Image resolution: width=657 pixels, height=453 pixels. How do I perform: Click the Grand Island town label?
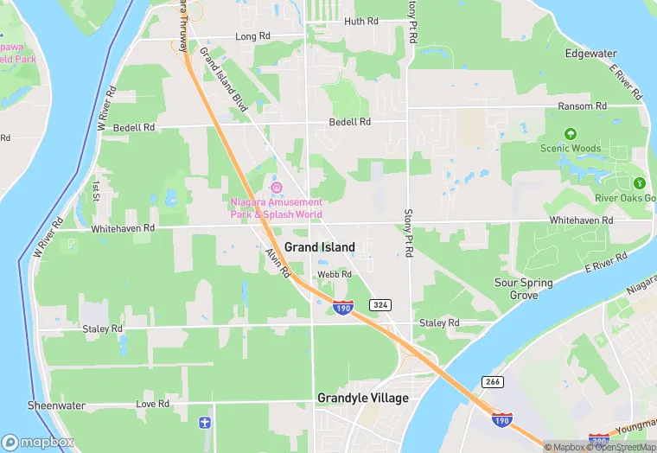(319, 247)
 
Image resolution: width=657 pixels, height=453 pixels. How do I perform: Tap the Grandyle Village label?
(362, 399)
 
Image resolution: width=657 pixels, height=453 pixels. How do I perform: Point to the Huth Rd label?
(360, 22)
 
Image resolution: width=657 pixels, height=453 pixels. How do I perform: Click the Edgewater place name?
(590, 54)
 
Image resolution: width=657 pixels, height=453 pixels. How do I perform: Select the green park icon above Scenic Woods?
(570, 134)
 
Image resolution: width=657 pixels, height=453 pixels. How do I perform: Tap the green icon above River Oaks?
(639, 183)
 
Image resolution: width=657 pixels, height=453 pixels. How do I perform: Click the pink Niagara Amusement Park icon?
(277, 188)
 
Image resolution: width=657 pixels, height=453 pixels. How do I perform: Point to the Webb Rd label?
(335, 274)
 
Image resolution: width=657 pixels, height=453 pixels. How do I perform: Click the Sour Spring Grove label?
(524, 289)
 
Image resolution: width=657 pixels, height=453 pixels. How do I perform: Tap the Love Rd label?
(152, 404)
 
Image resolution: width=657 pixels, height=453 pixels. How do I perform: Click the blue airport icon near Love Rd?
(205, 423)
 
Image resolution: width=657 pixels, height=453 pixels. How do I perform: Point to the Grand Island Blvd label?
(224, 79)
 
